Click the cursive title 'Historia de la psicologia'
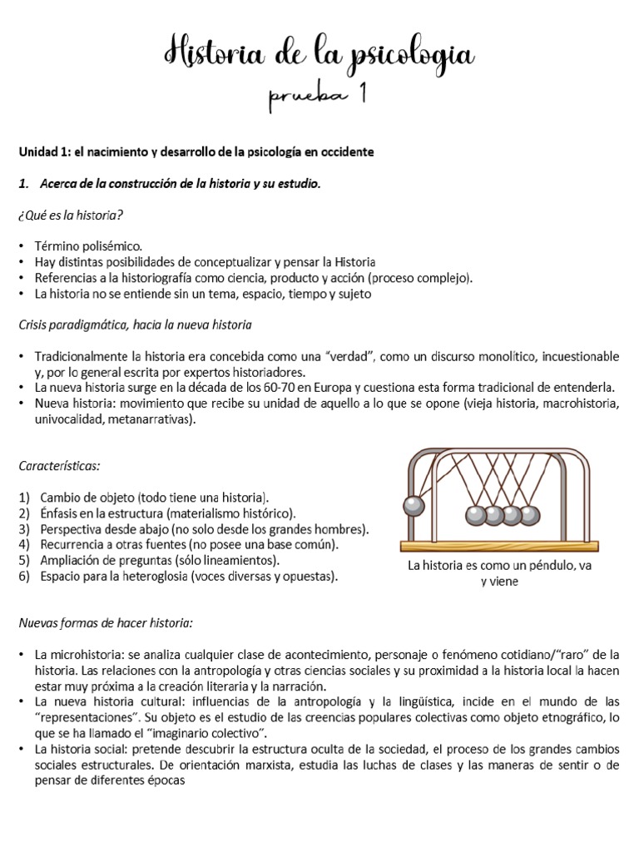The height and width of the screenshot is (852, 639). click(319, 55)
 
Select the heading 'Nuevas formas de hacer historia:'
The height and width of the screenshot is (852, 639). click(106, 622)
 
